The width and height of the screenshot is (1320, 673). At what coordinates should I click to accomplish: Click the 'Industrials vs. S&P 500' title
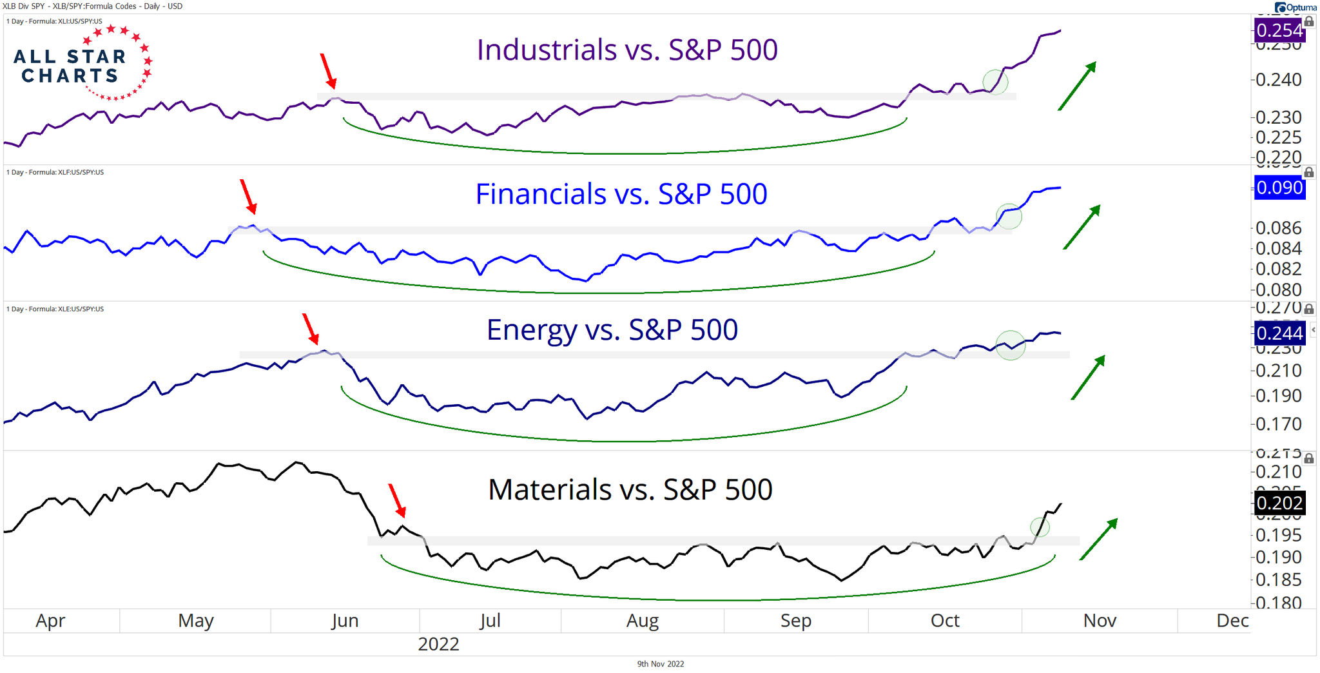627,50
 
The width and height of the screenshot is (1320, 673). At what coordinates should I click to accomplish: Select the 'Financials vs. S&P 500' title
621,194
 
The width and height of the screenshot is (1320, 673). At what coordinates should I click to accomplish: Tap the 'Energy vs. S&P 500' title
612,330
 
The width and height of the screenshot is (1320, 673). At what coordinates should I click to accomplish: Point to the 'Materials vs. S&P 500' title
630,489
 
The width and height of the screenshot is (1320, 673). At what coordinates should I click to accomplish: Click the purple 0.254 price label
1279,30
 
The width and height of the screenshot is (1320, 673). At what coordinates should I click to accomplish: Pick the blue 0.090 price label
1279,188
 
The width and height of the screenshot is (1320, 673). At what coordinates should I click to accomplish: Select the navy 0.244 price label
1279,333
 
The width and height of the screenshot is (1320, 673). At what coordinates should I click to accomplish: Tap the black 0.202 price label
1279,503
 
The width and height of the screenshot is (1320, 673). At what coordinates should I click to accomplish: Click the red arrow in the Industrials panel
328,71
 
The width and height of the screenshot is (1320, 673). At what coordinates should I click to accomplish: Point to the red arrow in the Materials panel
397,501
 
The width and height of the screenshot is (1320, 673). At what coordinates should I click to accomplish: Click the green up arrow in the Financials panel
1082,227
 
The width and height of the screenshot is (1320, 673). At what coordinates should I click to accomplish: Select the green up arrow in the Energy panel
1088,377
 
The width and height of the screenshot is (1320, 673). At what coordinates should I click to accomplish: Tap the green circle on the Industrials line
995,83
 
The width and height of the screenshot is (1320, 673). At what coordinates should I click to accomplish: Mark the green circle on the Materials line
1040,527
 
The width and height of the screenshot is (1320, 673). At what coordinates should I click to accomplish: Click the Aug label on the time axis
643,621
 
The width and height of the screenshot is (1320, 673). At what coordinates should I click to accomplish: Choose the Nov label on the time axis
1100,621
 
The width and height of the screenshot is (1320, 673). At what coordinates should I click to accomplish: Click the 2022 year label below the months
438,644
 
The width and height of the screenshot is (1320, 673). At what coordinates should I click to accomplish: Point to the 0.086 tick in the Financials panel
1278,228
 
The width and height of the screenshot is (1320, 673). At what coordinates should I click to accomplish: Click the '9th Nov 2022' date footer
660,664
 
